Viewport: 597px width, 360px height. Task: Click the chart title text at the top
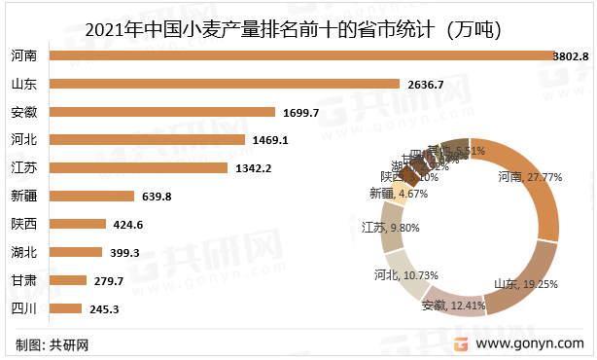point(293,28)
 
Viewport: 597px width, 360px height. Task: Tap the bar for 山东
point(225,85)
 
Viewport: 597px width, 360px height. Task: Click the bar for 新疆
point(91,197)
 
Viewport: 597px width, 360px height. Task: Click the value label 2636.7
point(422,85)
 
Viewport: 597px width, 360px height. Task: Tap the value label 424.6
point(127,225)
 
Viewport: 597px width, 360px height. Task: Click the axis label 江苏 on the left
point(24,168)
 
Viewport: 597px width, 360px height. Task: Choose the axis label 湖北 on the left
point(24,253)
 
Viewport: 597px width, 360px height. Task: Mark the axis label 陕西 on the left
point(24,225)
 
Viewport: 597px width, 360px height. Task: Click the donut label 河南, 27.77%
point(530,178)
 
